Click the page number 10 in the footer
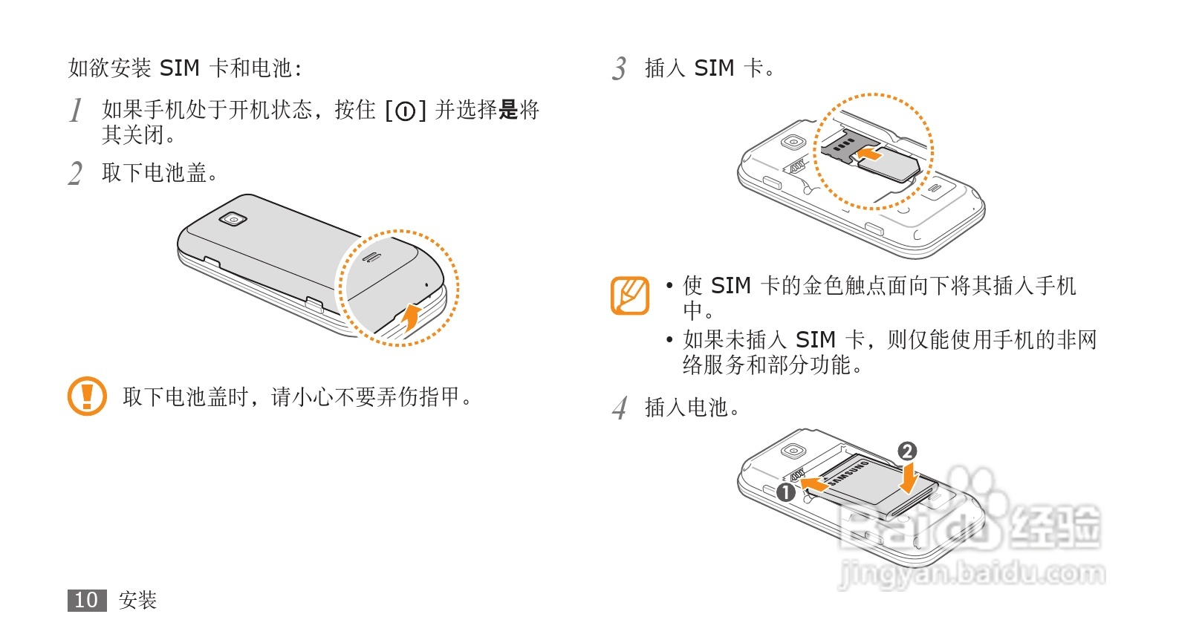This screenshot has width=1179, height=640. (86, 600)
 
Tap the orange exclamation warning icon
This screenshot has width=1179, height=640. (87, 396)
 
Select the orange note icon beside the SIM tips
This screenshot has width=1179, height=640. (629, 295)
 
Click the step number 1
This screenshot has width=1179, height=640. (75, 111)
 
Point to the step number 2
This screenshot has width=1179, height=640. (75, 174)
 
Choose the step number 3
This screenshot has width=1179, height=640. (620, 69)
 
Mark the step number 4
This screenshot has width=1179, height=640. (620, 408)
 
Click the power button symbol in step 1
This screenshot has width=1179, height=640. (405, 111)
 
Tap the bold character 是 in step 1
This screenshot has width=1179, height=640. (508, 110)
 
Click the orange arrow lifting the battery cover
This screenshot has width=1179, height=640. (410, 317)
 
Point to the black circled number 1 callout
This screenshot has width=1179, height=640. (786, 492)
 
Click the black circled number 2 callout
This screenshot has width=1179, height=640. (907, 451)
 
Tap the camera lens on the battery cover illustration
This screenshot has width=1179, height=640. (233, 219)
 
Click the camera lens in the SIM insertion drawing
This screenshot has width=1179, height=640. (794, 142)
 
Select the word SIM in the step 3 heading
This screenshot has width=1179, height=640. (714, 68)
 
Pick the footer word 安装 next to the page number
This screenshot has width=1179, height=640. (137, 600)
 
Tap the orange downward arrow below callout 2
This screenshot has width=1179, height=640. (909, 479)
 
